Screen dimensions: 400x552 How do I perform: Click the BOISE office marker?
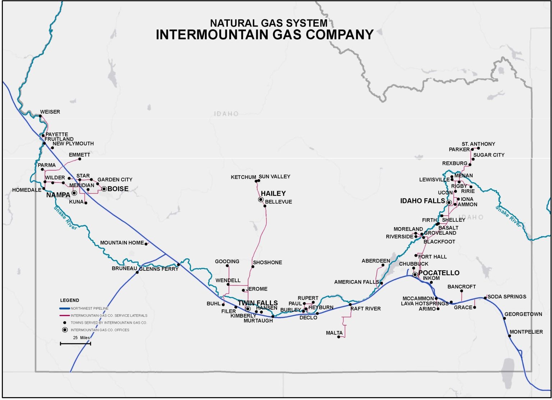tap(104, 189)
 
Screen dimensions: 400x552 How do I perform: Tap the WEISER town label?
tap(50, 112)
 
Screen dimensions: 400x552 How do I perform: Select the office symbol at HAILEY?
tap(261, 199)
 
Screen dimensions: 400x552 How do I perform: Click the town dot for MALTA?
tap(339, 337)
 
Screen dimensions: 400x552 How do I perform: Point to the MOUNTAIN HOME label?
tap(122, 243)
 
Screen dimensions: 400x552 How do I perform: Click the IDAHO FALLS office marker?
tap(449, 203)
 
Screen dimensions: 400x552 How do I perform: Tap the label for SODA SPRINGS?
tap(507, 297)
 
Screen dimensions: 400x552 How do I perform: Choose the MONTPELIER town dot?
tap(509, 336)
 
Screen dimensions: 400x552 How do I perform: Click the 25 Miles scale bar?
tap(75, 344)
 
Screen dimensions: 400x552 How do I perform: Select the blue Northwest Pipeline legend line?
tap(65, 309)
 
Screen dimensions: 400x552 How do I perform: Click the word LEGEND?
tap(69, 300)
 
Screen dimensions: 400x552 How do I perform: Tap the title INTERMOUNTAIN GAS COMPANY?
tap(264, 35)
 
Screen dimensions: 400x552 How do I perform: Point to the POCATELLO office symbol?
tap(415, 274)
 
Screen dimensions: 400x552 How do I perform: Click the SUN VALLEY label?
tap(274, 177)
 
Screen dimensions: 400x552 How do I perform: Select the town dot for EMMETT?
tap(80, 159)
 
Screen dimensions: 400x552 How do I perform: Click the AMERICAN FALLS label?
tap(356, 282)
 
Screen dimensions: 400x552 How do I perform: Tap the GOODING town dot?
tap(227, 266)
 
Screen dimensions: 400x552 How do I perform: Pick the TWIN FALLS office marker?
tap(248, 309)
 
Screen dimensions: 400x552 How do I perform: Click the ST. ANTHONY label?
tap(478, 144)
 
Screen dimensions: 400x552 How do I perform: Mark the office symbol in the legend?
tap(65, 330)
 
